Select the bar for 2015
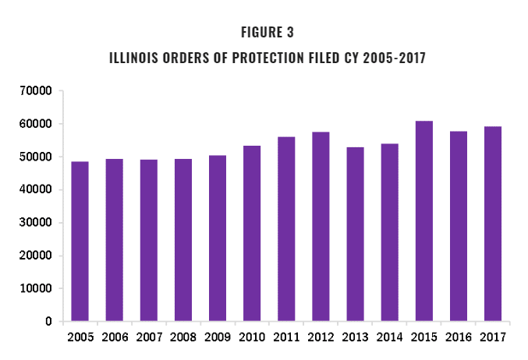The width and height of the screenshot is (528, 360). (423, 221)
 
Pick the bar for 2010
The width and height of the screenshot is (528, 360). (251, 234)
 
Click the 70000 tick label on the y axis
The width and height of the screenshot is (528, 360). (36, 91)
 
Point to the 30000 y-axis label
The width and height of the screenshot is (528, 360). (36, 223)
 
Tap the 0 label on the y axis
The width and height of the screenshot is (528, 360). (48, 322)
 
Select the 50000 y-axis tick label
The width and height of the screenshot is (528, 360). (36, 157)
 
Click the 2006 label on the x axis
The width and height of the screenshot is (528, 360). (114, 337)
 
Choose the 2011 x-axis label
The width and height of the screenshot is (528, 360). (286, 337)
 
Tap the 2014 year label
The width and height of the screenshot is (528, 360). (389, 337)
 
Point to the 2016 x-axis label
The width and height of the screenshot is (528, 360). (458, 337)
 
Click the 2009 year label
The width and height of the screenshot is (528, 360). (217, 337)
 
